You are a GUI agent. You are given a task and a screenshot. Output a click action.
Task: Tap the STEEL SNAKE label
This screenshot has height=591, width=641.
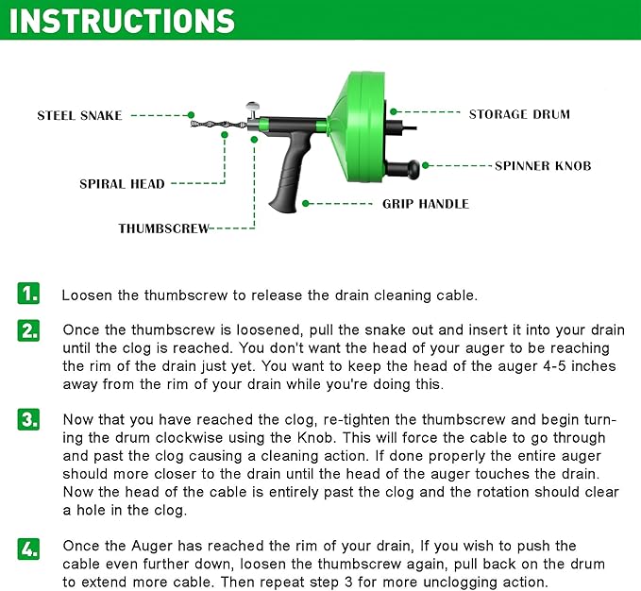coord(79,115)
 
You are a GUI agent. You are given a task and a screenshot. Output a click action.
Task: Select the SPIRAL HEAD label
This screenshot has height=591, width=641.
coord(122,184)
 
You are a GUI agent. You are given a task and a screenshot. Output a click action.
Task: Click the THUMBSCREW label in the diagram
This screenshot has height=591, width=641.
coord(163,228)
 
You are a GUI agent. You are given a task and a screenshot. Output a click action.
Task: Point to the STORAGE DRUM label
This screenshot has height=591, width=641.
coord(519,114)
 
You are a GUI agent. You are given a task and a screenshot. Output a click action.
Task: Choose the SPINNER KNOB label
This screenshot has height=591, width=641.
coord(543,165)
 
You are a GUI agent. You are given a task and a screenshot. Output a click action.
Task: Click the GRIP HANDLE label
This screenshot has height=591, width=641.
coord(425,204)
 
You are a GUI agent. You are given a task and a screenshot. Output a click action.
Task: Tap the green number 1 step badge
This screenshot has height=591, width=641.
coord(29,294)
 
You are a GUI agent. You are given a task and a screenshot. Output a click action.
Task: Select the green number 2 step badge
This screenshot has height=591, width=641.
coord(29,331)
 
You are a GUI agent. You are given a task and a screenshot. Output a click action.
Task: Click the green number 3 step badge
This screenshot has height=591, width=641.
coord(29,420)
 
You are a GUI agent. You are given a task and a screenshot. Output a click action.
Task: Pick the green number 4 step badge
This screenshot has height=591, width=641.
coord(29,548)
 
